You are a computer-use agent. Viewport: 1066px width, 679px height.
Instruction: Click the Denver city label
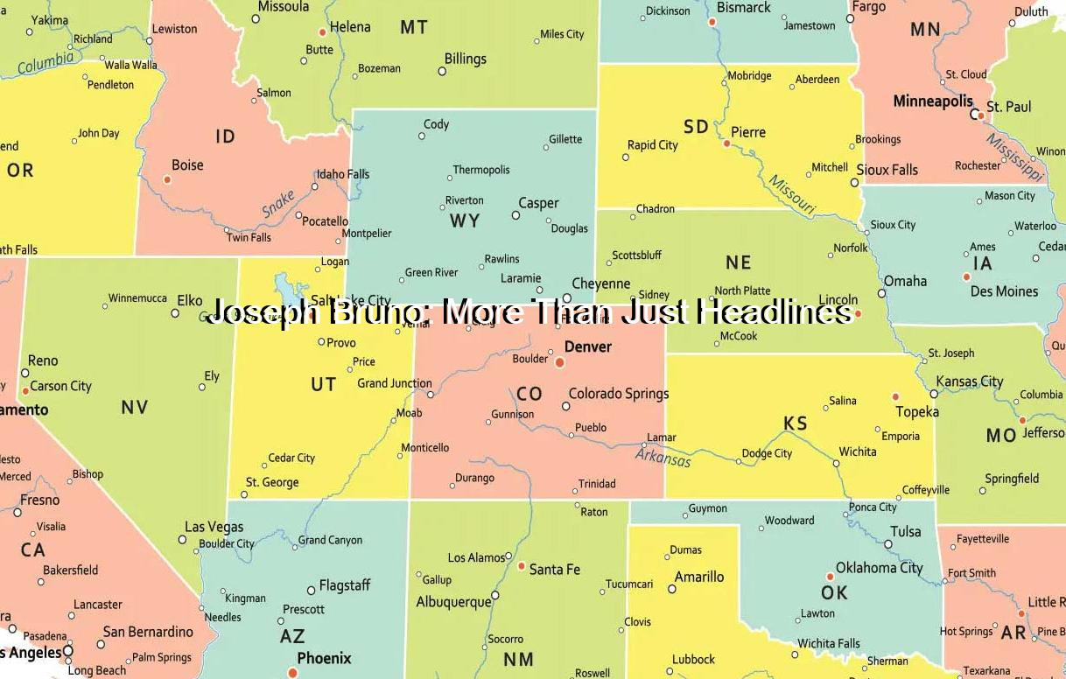588,346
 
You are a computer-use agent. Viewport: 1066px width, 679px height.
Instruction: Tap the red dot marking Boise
167,179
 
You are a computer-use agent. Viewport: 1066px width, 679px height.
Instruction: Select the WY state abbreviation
465,220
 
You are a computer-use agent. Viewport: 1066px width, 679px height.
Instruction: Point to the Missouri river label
792,195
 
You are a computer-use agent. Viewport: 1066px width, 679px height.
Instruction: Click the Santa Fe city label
555,569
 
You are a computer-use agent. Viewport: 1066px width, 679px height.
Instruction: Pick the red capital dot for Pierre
726,143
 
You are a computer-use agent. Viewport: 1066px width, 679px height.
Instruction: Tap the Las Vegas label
214,527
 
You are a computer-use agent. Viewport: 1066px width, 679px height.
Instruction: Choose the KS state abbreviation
796,423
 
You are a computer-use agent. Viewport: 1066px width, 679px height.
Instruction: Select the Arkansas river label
663,458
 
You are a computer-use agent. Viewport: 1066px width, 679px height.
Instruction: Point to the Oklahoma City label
879,567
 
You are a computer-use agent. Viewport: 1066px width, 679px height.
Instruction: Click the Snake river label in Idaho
278,204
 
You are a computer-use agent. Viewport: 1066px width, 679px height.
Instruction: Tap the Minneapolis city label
933,101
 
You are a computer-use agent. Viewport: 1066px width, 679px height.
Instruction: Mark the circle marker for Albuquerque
494,595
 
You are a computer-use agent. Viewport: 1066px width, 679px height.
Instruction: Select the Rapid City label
653,144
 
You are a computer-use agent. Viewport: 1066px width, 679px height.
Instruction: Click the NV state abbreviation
135,407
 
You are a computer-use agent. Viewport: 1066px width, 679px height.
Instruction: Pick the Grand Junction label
395,383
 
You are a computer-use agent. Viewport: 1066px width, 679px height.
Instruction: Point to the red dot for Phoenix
292,672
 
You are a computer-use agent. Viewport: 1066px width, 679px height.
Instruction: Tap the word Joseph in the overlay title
261,312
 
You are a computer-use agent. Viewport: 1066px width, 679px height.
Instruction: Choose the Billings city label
466,59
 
